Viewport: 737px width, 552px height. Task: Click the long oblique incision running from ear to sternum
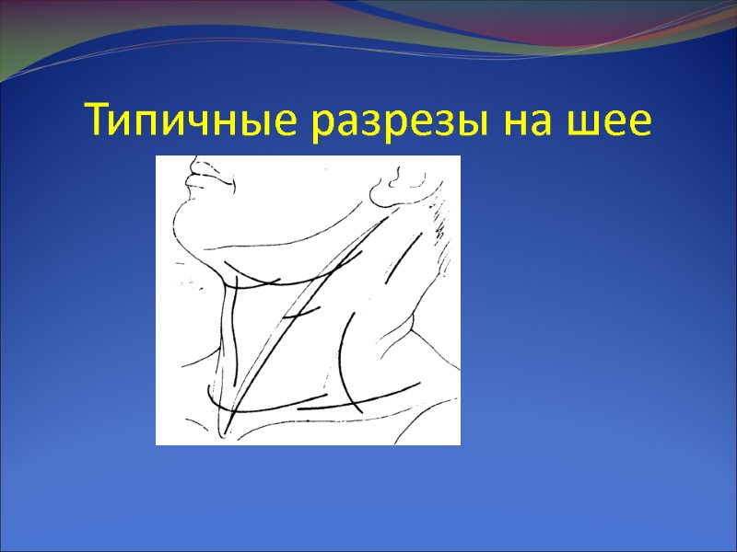coord(304,304)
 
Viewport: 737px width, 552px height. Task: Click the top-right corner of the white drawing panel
coord(459,157)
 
